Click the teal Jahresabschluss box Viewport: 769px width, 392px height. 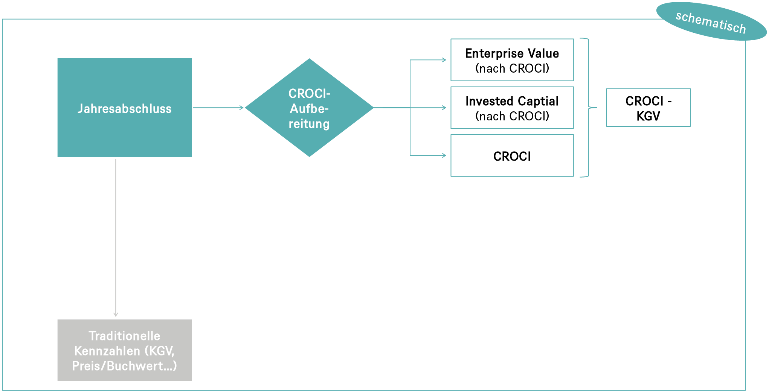124,108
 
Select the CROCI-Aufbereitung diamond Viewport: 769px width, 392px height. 309,108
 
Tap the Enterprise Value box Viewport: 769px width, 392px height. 512,60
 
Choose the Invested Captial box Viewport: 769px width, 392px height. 512,108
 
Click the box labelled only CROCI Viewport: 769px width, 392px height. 512,155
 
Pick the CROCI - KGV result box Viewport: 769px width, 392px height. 648,108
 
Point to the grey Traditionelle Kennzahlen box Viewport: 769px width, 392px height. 124,350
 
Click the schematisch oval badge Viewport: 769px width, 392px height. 711,21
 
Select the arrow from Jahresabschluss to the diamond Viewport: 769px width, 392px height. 218,108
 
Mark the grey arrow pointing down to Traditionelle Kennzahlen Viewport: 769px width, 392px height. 116,237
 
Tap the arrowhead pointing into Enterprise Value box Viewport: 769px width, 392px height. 444,60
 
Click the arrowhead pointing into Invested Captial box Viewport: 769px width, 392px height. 444,108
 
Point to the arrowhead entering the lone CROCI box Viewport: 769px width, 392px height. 444,155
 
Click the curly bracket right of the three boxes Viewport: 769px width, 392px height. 588,108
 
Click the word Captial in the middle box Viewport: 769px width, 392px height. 538,101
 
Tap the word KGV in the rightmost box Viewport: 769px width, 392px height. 648,116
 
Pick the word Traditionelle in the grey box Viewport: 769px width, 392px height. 124,336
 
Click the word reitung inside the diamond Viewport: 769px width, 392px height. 309,124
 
